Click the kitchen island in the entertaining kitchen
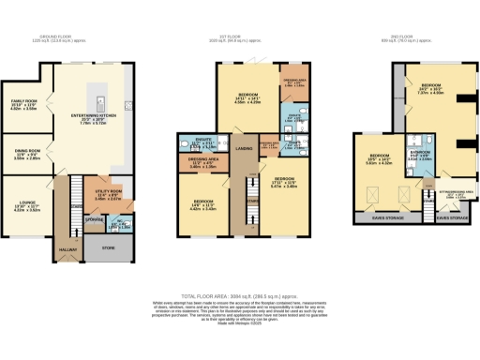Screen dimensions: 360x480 (96, 97)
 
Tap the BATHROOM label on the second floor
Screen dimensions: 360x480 (419, 156)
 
